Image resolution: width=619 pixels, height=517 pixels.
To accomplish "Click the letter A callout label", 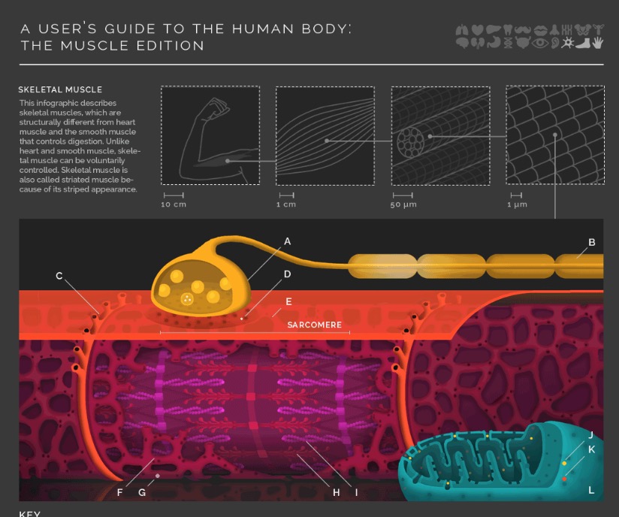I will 287,242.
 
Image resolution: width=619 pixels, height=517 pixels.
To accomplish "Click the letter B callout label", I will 592,243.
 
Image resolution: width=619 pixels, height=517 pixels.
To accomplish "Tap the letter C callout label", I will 59,276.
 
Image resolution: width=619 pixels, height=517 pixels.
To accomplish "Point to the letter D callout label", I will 287,275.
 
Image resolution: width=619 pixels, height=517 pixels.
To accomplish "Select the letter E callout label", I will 288,302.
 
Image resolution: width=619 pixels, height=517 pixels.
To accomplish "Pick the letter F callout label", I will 119,492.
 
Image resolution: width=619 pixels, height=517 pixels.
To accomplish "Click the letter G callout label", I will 142,492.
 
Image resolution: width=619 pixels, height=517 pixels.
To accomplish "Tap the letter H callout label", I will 337,492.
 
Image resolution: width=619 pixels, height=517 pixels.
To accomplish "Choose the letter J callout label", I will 591,435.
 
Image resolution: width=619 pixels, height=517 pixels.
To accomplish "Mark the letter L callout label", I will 591,490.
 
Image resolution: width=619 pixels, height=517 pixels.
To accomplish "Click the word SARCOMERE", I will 314,325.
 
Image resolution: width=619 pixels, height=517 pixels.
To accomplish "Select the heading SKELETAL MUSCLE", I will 60,90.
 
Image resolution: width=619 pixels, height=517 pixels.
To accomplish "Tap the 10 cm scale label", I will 174,204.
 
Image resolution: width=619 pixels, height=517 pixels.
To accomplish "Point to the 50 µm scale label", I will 403,204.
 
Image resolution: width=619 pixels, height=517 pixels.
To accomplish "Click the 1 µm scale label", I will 517,204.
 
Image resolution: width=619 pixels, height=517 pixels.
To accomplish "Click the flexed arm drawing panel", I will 210,135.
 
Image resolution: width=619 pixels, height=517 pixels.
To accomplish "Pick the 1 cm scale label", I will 286,204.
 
